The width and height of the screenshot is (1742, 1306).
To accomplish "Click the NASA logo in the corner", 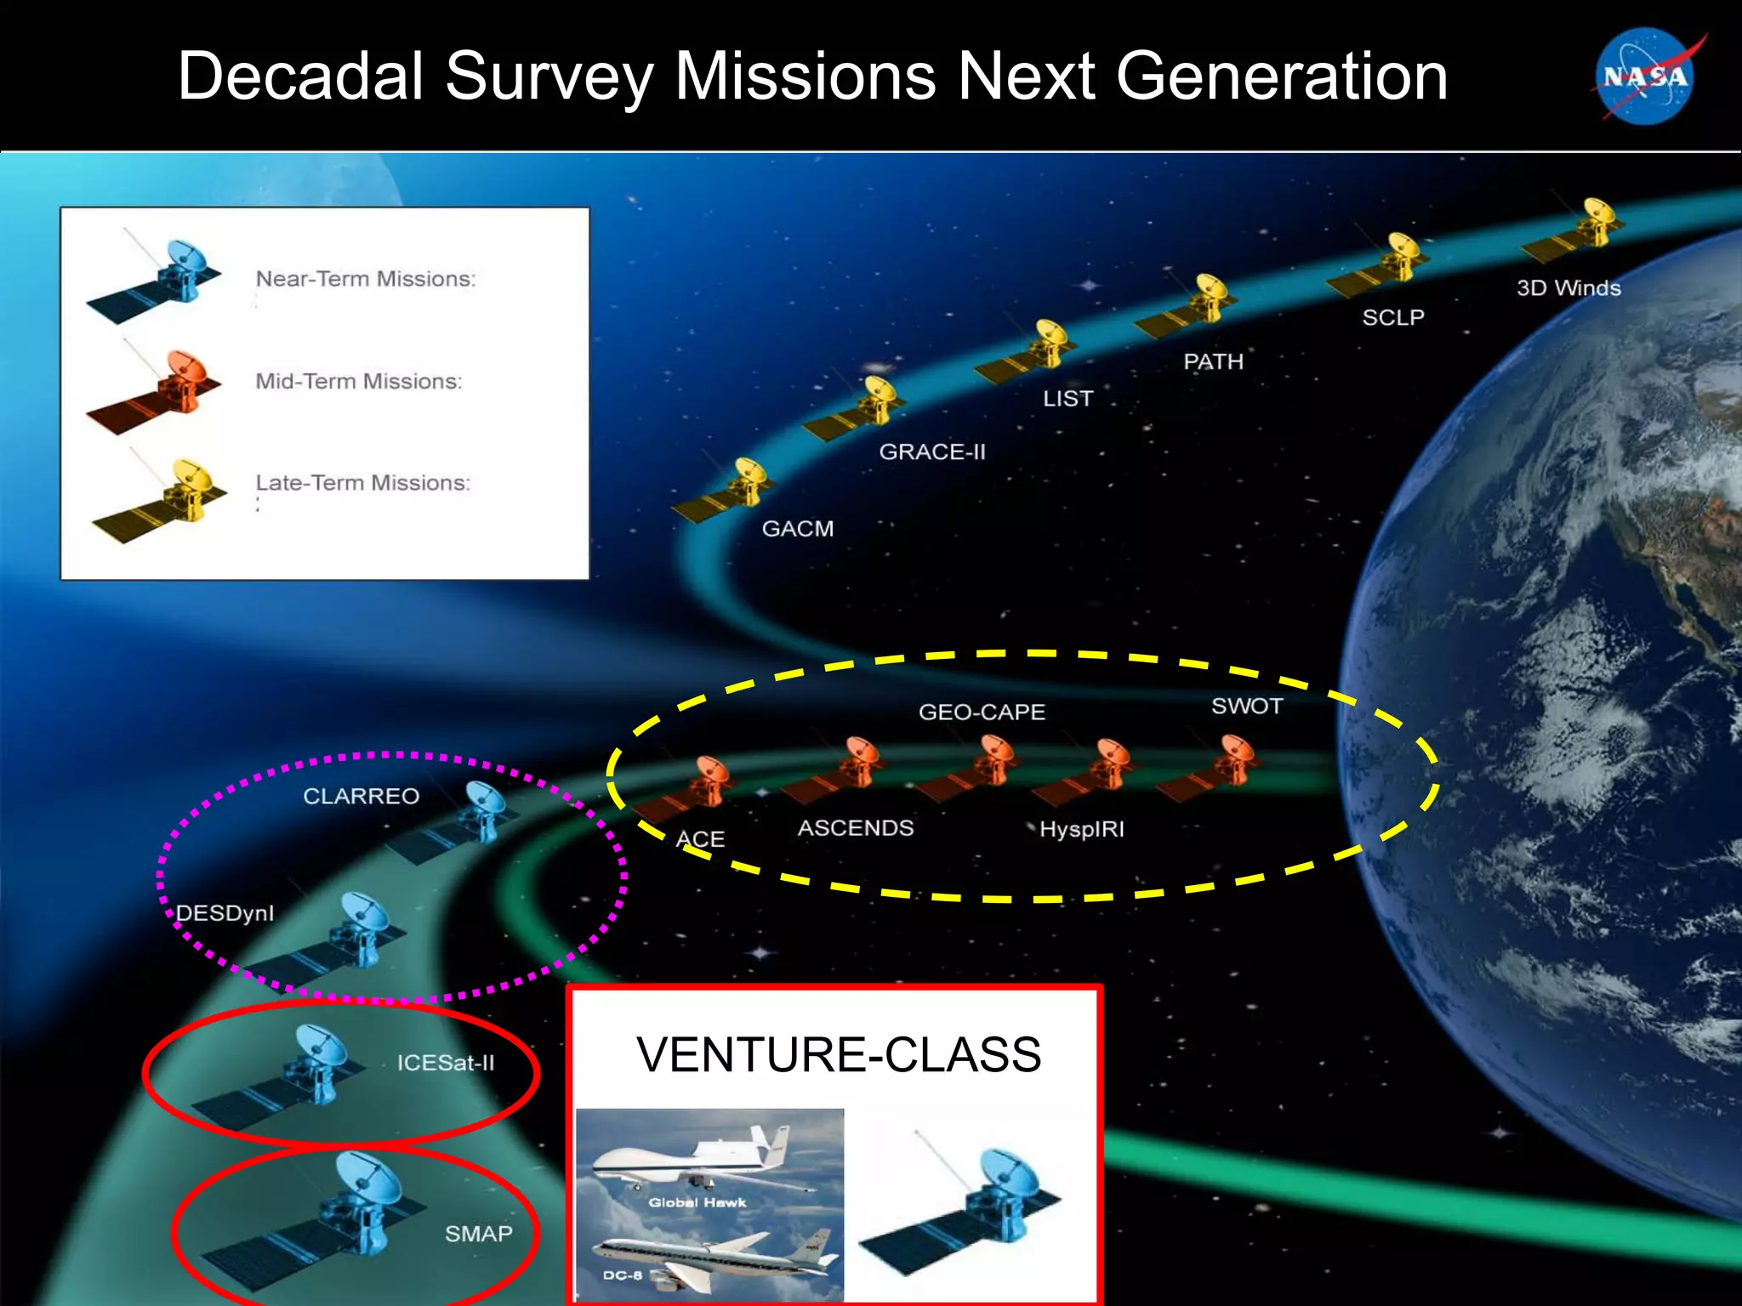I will tap(1646, 77).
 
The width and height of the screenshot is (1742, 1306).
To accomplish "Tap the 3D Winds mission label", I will tap(1568, 288).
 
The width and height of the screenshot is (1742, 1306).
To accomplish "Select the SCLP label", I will tap(1392, 318).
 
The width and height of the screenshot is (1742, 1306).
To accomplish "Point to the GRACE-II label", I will tap(932, 451).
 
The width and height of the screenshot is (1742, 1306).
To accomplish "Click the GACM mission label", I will tap(797, 529).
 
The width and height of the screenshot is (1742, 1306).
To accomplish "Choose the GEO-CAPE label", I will tap(982, 712).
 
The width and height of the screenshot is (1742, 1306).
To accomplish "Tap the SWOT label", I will tap(1247, 706).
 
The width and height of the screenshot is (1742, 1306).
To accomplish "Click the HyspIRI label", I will tap(1081, 829).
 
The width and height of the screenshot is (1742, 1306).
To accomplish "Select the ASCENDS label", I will tap(856, 827).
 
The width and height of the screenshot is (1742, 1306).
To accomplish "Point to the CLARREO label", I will tap(361, 796).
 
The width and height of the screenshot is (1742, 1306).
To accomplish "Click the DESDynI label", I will tap(225, 913).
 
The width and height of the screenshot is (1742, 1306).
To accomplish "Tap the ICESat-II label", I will tap(446, 1063).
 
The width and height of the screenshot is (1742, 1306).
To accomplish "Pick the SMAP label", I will tap(478, 1234).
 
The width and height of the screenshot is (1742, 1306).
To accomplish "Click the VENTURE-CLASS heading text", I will tap(839, 1055).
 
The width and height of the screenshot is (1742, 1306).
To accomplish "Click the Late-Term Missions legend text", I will tap(363, 483).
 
